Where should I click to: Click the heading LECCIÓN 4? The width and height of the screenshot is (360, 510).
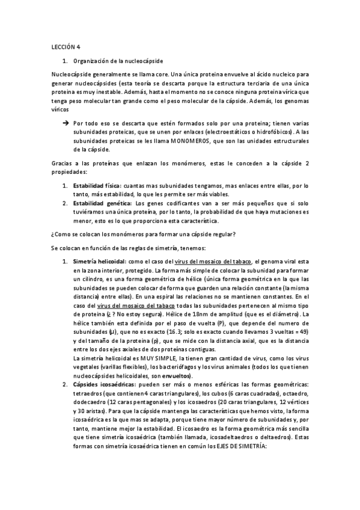pos(62,46)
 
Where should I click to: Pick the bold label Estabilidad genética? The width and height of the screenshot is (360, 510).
pos(102,203)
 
